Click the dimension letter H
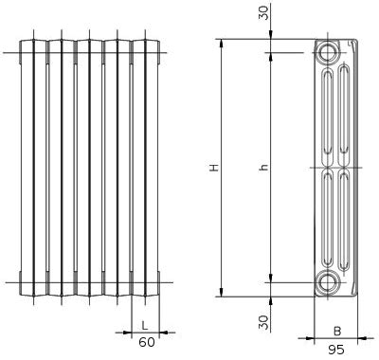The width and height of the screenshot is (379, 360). (x=215, y=168)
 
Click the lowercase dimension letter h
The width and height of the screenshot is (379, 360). (x=263, y=168)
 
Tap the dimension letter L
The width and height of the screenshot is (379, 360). (x=144, y=325)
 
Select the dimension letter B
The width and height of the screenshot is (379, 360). (x=337, y=332)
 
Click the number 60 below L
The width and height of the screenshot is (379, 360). (x=147, y=342)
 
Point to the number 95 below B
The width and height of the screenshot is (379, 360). (x=336, y=350)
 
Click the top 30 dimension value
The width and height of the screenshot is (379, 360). (x=264, y=13)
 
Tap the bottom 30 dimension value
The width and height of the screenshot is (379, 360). (x=265, y=322)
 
